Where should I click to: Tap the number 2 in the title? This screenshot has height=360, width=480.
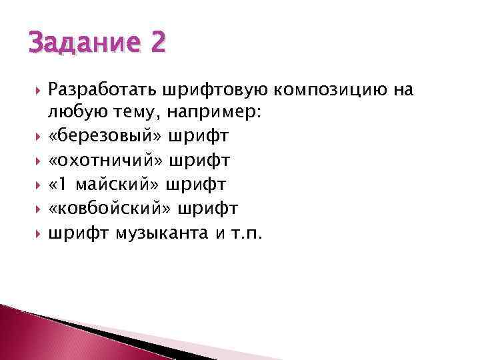157,44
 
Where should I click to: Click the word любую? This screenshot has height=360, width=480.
73,113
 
